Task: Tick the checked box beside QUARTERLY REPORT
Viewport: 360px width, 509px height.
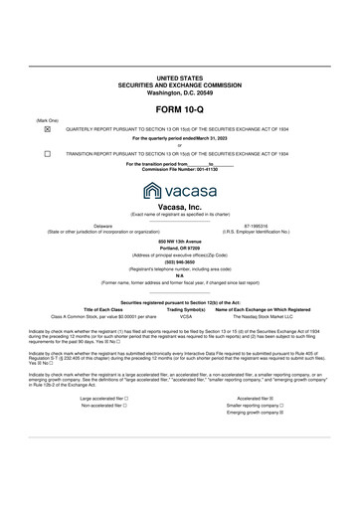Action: click(x=47, y=128)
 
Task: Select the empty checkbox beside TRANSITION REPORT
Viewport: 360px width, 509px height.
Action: click(x=47, y=154)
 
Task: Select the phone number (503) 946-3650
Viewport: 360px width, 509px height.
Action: click(x=179, y=261)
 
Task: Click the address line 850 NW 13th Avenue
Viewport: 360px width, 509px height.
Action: click(x=179, y=241)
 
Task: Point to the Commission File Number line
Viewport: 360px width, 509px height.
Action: click(x=179, y=170)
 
